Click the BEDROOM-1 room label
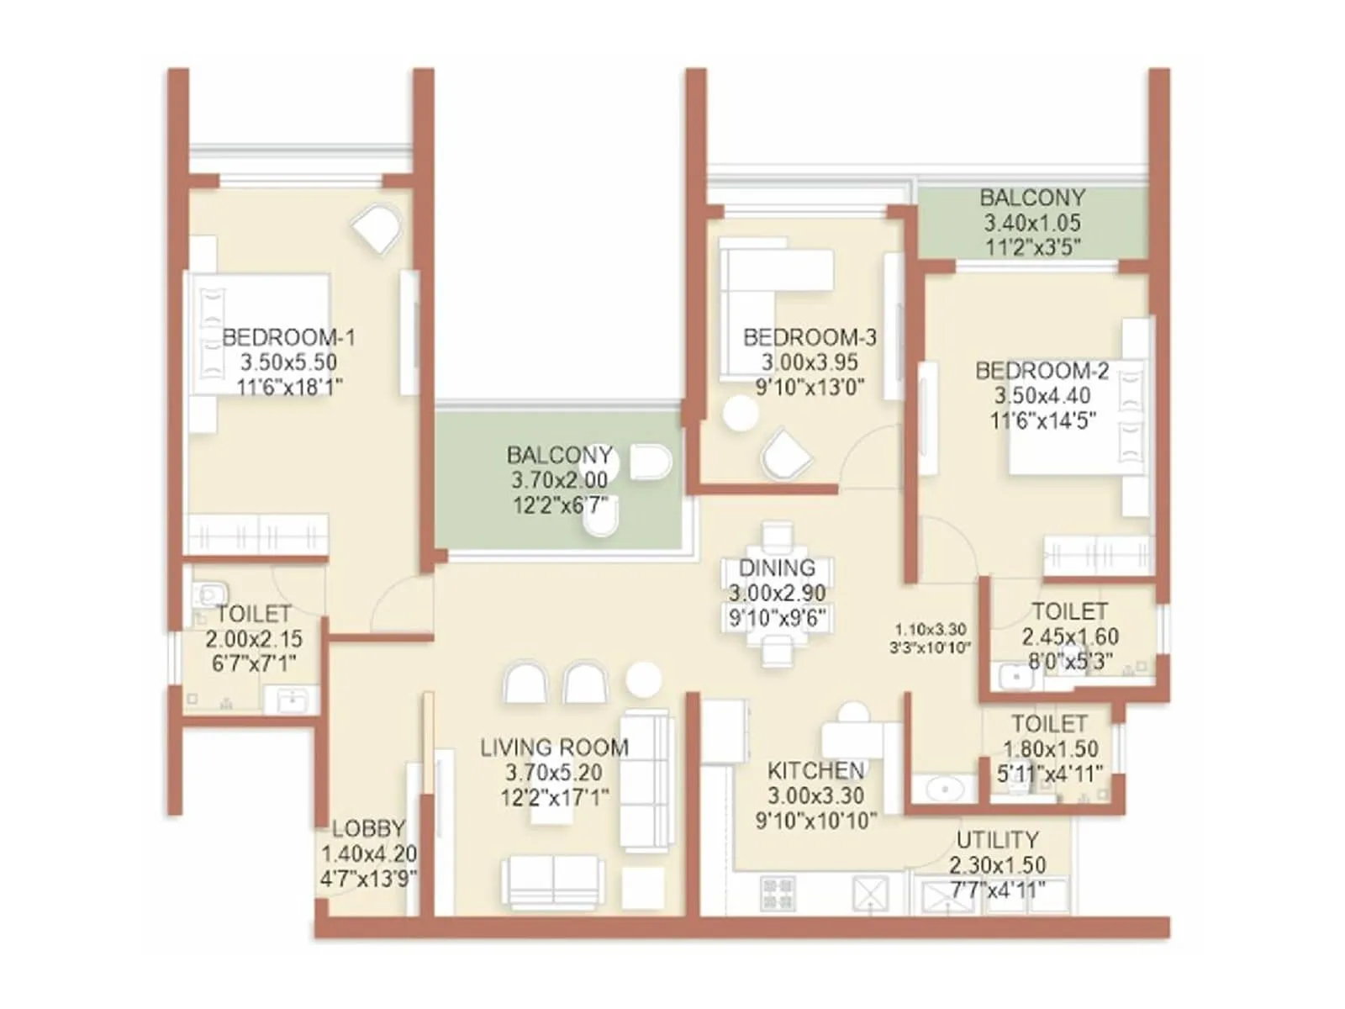point(288,337)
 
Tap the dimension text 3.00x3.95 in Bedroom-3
point(810,362)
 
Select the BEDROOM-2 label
point(1042,371)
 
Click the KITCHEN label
point(815,770)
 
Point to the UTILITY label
point(997,840)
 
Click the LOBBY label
point(368,828)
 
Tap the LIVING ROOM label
point(554,748)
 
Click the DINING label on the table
point(777,568)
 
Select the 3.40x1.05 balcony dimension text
point(1032,223)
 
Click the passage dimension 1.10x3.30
point(930,629)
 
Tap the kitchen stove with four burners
point(778,894)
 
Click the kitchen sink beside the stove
point(870,894)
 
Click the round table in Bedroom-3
point(741,414)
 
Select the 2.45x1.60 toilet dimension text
point(1069,637)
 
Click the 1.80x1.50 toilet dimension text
point(1050,748)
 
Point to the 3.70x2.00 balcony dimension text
point(559,480)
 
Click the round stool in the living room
point(644,679)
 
